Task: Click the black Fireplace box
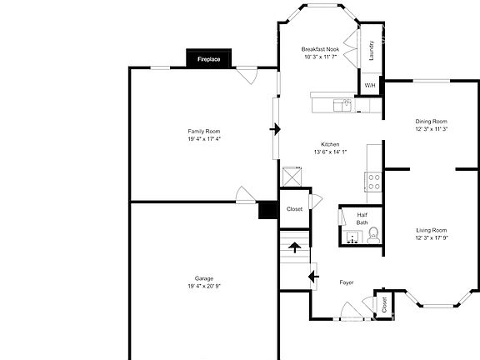(x=208, y=58)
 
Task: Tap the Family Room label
(x=203, y=132)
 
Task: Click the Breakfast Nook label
(x=320, y=50)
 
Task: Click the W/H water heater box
(x=369, y=84)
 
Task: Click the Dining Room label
(x=432, y=121)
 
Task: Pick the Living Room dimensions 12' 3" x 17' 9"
(x=432, y=237)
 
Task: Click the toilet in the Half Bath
(x=372, y=236)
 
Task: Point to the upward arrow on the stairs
(x=294, y=246)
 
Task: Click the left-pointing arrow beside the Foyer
(x=313, y=276)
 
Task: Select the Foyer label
(x=346, y=282)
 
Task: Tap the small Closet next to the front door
(x=384, y=303)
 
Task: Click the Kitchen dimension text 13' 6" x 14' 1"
(x=330, y=152)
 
